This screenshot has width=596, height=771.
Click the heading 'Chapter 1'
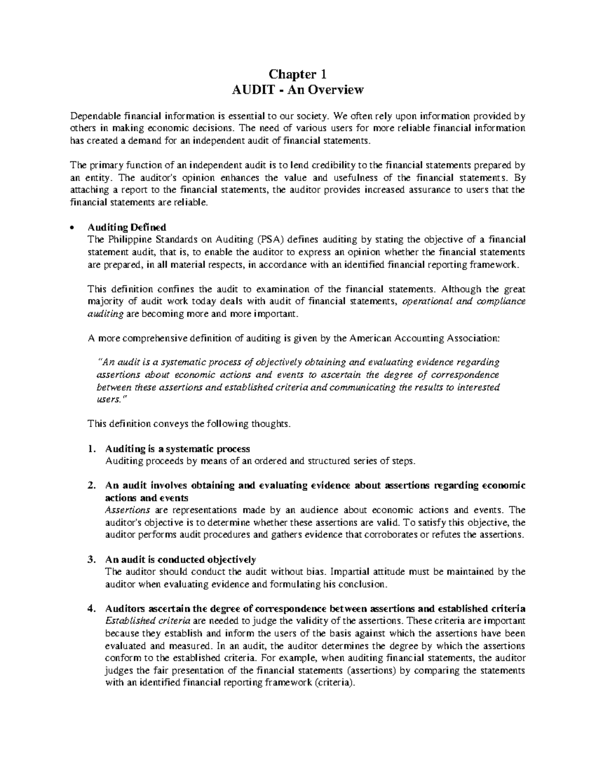(298, 74)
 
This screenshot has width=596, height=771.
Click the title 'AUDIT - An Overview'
(298, 90)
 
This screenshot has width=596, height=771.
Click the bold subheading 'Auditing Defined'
(127, 228)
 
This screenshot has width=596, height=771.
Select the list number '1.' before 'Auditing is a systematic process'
(91, 449)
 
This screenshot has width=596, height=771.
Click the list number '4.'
(91, 609)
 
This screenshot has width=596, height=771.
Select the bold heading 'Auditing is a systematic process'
(177, 449)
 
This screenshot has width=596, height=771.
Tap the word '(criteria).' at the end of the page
(335, 683)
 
